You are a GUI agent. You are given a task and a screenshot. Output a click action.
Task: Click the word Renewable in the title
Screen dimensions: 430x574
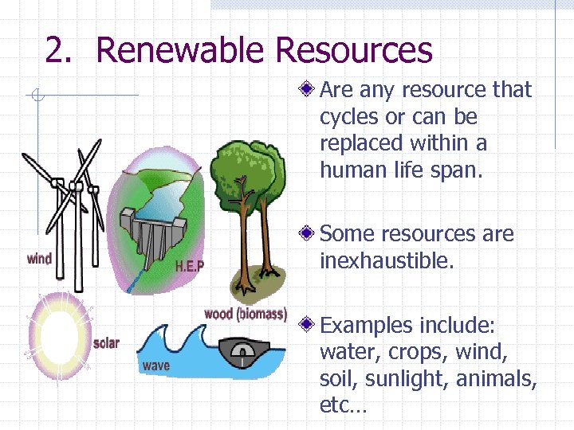coord(181,50)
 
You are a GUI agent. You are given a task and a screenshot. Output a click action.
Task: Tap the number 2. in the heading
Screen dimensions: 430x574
coord(64,50)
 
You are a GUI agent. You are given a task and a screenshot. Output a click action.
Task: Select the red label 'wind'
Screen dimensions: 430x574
coord(39,258)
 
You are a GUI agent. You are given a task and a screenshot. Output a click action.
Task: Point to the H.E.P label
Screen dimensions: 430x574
coord(189,265)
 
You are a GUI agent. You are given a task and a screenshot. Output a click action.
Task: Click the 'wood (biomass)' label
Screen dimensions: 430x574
coord(246,314)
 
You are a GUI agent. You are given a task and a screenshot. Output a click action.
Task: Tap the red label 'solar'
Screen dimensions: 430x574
coord(106,343)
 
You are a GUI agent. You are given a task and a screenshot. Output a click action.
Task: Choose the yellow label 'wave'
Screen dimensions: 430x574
coord(156,365)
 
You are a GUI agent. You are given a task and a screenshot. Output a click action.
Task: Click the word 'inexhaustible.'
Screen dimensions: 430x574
coord(386,261)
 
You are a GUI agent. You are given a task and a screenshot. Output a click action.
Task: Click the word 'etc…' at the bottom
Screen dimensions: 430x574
coord(343,406)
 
